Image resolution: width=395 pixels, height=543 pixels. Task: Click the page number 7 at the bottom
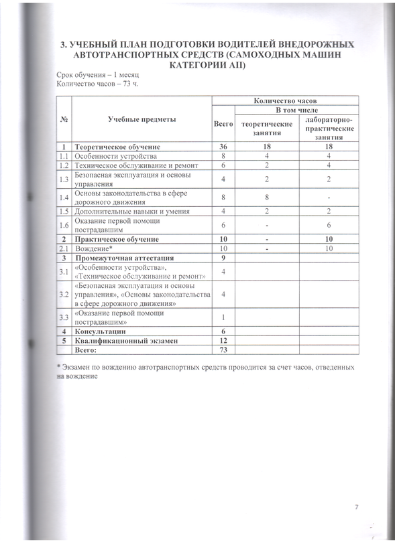coord(356,507)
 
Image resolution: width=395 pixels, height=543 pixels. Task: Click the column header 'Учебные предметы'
coord(142,119)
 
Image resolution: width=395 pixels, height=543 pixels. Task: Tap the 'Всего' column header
coord(223,125)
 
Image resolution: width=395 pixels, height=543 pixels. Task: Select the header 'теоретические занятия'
coord(267,129)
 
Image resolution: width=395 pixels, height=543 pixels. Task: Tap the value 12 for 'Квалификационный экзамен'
coord(223,341)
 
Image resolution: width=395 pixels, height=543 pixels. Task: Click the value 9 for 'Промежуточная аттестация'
coord(223,257)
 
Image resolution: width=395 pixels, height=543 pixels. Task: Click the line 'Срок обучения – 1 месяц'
coord(92,75)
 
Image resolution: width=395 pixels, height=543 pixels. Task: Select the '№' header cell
coord(63,119)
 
